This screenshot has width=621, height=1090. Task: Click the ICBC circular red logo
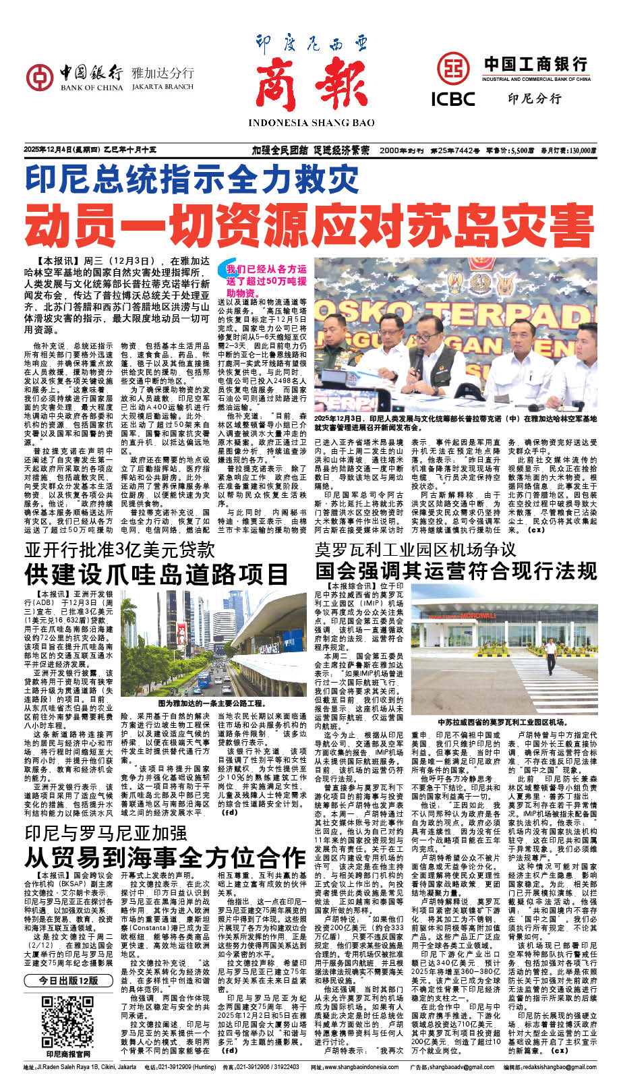tap(453, 68)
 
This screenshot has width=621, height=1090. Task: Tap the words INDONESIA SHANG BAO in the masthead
tap(311, 123)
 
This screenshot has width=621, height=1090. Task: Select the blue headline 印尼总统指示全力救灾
tap(191, 179)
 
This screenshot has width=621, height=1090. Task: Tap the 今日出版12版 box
tap(68, 981)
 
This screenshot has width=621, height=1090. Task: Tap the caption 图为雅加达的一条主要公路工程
tap(213, 703)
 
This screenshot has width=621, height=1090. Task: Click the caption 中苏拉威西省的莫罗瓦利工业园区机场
tap(503, 722)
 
